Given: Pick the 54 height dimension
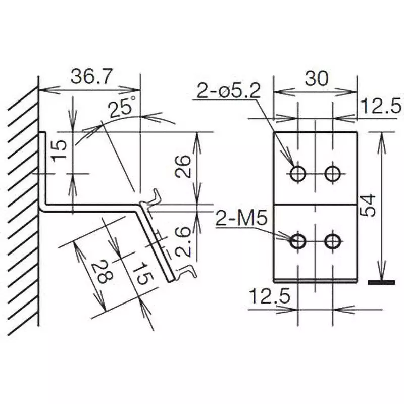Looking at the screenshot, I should pyautogui.click(x=370, y=205).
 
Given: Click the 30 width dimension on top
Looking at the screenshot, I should pyautogui.click(x=316, y=78).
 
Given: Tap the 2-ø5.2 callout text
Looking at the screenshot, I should pyautogui.click(x=228, y=92).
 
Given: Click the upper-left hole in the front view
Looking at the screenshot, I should pyautogui.click(x=298, y=174).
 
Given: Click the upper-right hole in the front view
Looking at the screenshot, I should pyautogui.click(x=332, y=174).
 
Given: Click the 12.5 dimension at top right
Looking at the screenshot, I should pyautogui.click(x=381, y=106).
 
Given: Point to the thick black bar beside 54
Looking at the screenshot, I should pyautogui.click(x=381, y=282).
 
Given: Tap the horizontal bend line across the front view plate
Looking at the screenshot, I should pyautogui.click(x=316, y=204).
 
